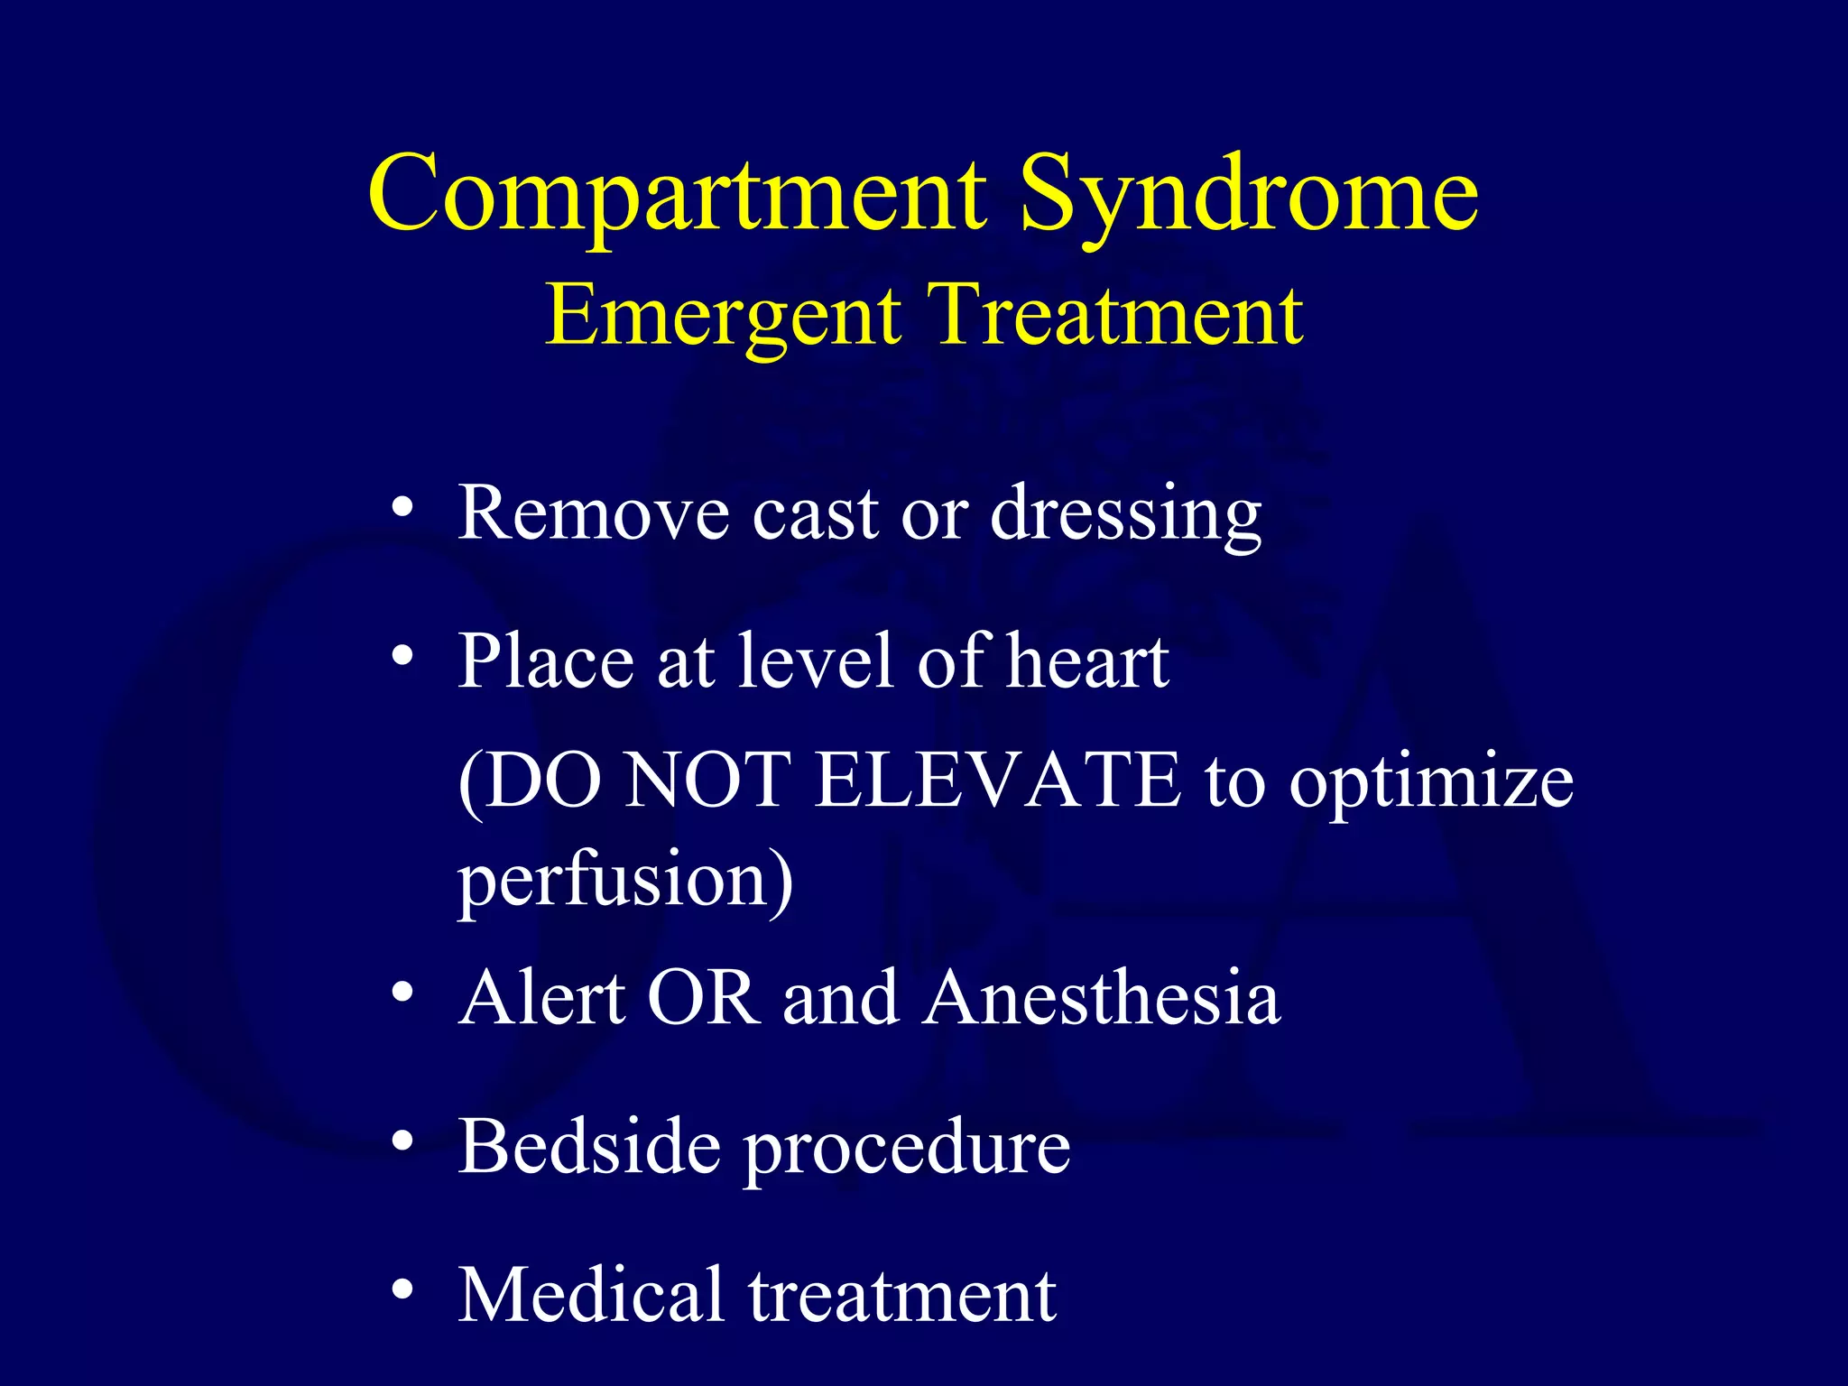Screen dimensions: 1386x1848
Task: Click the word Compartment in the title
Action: click(x=677, y=194)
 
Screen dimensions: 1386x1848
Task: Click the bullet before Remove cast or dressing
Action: click(x=402, y=507)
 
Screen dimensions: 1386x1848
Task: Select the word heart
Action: click(x=1087, y=661)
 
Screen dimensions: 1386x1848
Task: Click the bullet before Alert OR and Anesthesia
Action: click(x=402, y=993)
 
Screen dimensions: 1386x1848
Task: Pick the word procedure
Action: click(x=907, y=1150)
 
